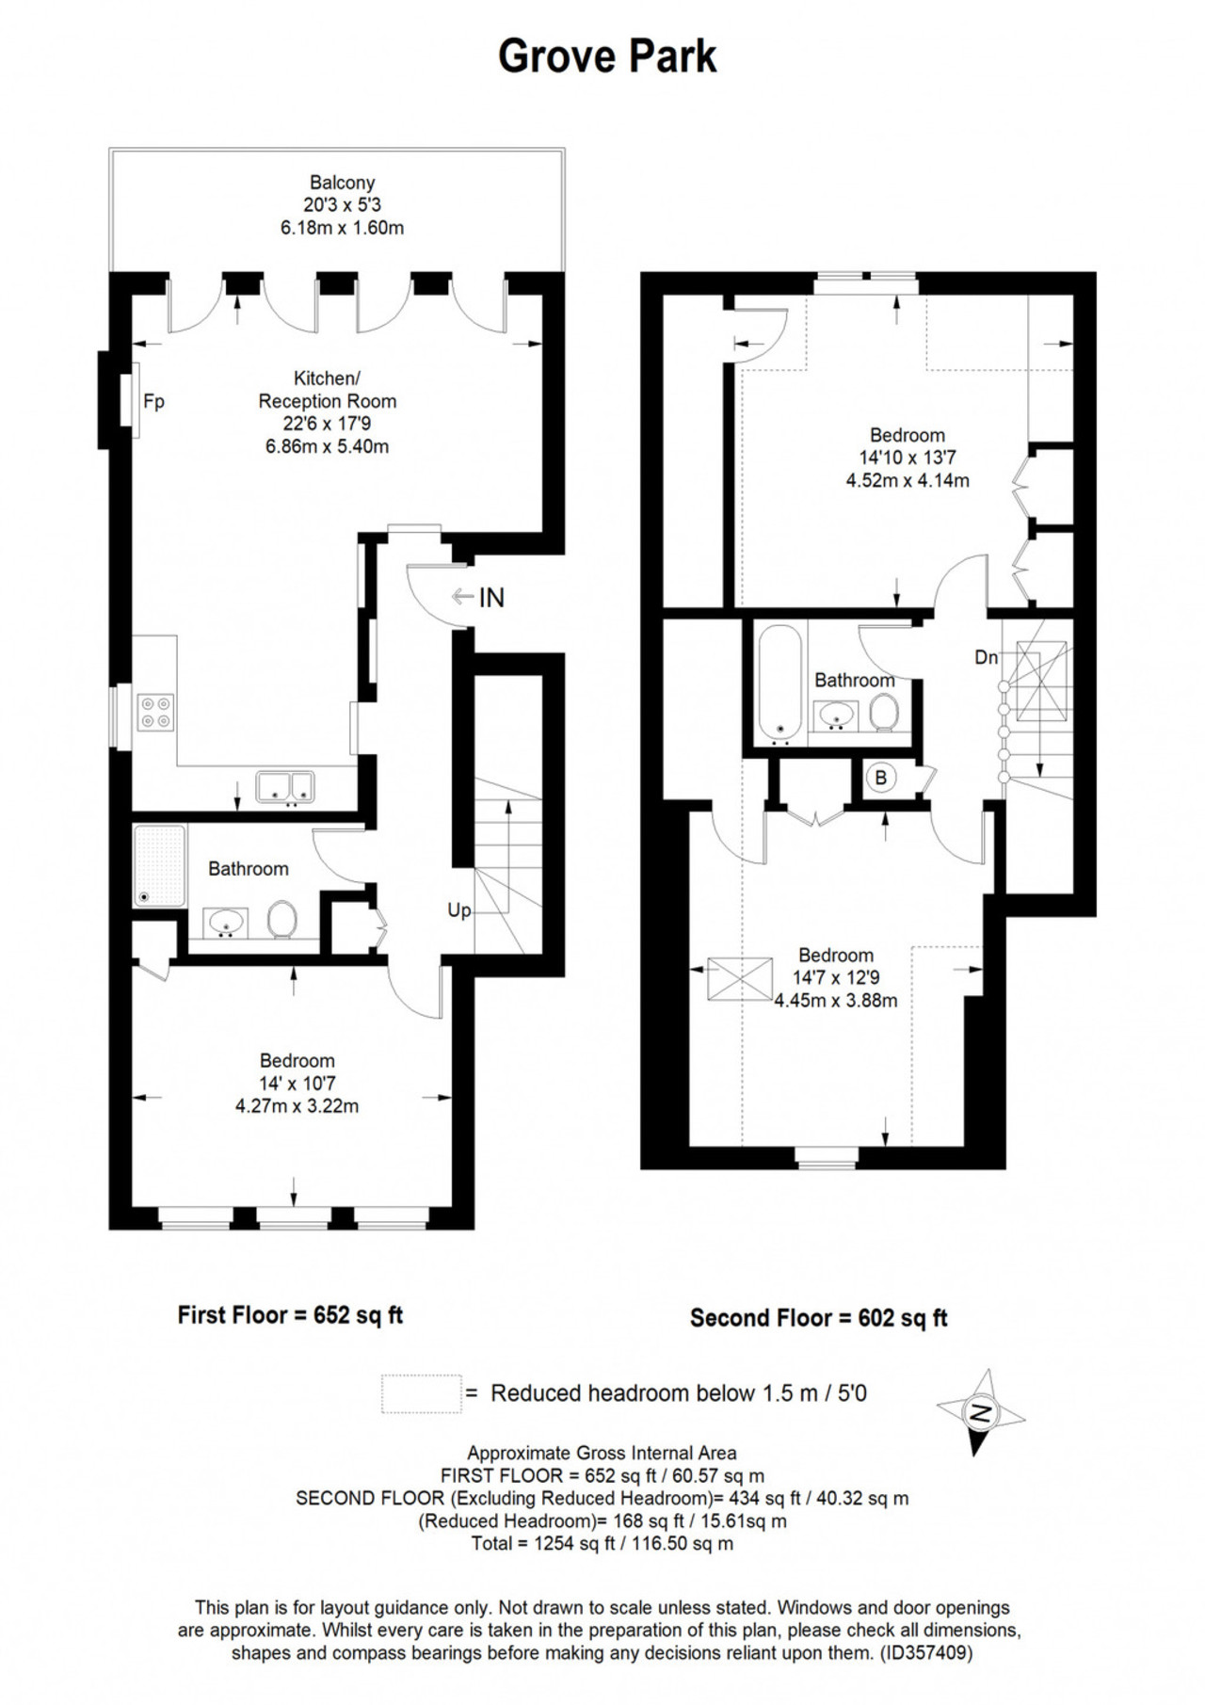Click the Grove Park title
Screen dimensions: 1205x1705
607,57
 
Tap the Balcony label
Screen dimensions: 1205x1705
343,183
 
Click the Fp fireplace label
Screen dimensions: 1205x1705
153,402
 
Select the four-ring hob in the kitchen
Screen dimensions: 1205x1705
156,712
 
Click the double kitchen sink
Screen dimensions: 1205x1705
285,787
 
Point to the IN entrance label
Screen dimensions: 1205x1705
491,598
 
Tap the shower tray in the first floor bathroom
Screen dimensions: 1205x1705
160,866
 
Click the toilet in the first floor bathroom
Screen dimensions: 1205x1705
282,920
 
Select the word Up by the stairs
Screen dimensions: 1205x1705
459,910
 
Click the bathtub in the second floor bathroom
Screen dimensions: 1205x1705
780,682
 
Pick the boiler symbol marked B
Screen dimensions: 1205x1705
881,778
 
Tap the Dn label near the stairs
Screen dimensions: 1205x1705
986,658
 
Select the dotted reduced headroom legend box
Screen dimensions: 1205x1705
422,1394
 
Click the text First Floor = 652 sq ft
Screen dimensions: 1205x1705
290,1315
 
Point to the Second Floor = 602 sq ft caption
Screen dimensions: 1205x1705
819,1318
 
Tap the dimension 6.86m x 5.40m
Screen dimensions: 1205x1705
327,446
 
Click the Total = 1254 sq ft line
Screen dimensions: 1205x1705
602,1543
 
